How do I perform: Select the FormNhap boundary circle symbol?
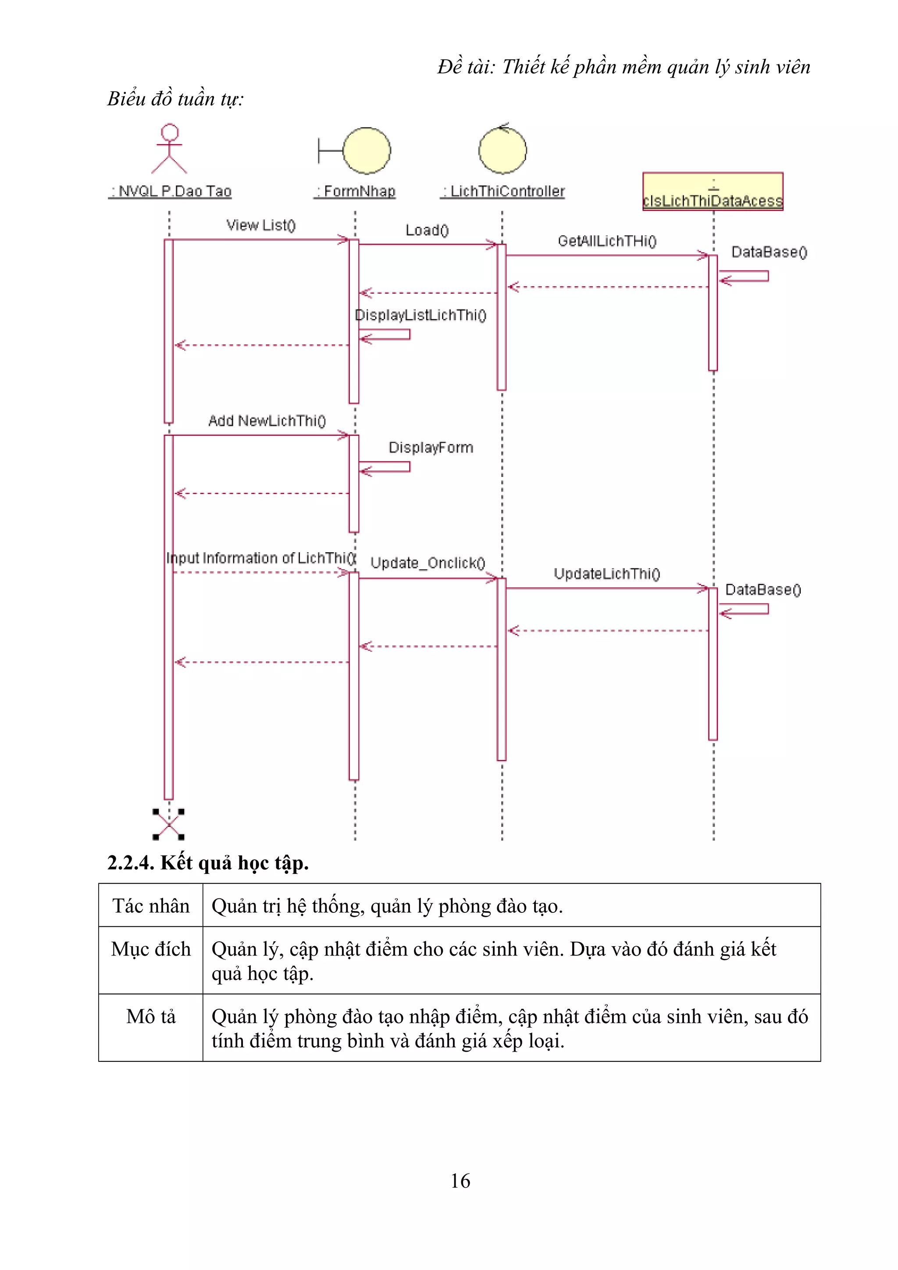tap(366, 150)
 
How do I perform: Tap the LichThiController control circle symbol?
tap(502, 150)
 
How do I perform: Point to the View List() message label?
tap(261, 225)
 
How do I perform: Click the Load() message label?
tap(427, 230)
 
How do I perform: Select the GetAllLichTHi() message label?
tap(607, 241)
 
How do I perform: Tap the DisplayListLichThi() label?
tap(420, 315)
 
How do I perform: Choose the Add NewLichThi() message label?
tap(267, 421)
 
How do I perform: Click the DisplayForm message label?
tap(431, 447)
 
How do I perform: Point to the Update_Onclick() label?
tap(427, 563)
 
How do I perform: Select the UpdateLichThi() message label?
tap(607, 574)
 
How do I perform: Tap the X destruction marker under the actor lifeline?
tap(168, 824)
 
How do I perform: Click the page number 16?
tap(460, 1181)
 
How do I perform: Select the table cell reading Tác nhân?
tap(150, 906)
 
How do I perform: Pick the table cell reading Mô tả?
tap(150, 1017)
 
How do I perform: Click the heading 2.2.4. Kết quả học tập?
tap(207, 863)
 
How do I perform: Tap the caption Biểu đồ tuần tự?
tap(175, 99)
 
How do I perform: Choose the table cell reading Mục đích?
tap(150, 949)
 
